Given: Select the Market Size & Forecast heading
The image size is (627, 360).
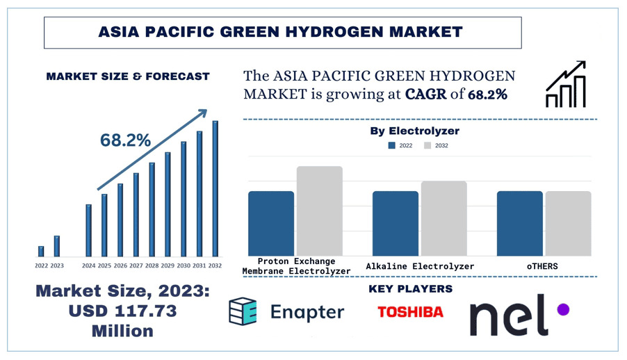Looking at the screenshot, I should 128,76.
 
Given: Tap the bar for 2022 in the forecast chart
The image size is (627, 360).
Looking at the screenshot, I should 41,251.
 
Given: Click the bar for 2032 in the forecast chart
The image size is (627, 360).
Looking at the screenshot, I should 215,188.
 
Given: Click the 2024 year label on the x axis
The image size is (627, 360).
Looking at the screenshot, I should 89,265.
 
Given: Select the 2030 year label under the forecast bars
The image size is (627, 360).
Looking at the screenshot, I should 184,265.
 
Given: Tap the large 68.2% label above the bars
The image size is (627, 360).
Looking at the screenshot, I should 125,140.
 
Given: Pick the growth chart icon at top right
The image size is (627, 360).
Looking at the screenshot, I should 566,85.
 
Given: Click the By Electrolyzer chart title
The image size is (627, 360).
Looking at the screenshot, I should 414,131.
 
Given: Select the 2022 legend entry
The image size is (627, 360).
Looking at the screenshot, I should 400,146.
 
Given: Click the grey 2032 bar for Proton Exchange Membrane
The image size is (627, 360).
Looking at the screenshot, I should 320,211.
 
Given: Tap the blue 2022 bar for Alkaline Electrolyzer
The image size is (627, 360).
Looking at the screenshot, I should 395,223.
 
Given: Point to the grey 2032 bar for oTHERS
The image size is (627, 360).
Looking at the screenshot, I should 568,223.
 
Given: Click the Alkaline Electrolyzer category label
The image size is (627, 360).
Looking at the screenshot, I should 420,266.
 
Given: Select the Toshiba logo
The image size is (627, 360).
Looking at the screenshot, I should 410,312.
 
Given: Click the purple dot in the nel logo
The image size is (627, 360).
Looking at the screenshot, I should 563,309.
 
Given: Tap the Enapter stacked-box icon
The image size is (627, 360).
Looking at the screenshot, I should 243,311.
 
